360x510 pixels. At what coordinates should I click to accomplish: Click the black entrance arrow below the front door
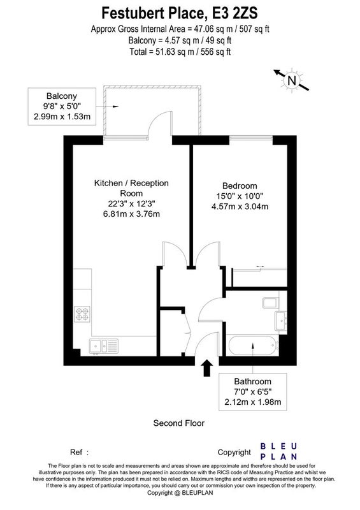tap(207, 368)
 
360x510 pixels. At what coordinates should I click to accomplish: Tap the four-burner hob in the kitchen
tap(82, 314)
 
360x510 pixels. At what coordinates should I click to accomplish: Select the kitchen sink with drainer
tap(104, 346)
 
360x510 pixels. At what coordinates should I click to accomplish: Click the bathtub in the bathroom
tap(254, 346)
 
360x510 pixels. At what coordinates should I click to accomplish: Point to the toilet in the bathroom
tap(270, 303)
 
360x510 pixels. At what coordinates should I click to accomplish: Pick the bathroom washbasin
tap(280, 321)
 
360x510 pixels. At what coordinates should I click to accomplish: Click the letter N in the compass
tap(292, 80)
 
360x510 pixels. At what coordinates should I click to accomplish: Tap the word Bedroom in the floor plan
tap(240, 186)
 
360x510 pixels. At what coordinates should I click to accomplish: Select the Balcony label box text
tap(62, 106)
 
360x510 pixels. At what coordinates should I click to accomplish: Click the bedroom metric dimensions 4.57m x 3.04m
tap(240, 206)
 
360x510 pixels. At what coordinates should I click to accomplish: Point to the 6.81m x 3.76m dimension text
tap(131, 214)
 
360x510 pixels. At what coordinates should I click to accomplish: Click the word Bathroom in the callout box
tap(253, 381)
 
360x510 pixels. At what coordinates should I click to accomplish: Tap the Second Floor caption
tap(179, 423)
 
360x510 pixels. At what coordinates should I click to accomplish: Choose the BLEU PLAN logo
tap(278, 451)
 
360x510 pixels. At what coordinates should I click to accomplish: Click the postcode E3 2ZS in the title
tap(235, 13)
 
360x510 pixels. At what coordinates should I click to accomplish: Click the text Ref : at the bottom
tap(80, 452)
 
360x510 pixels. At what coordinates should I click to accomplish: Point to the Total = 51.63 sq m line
tap(180, 52)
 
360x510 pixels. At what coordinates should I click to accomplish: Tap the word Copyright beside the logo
tap(234, 453)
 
